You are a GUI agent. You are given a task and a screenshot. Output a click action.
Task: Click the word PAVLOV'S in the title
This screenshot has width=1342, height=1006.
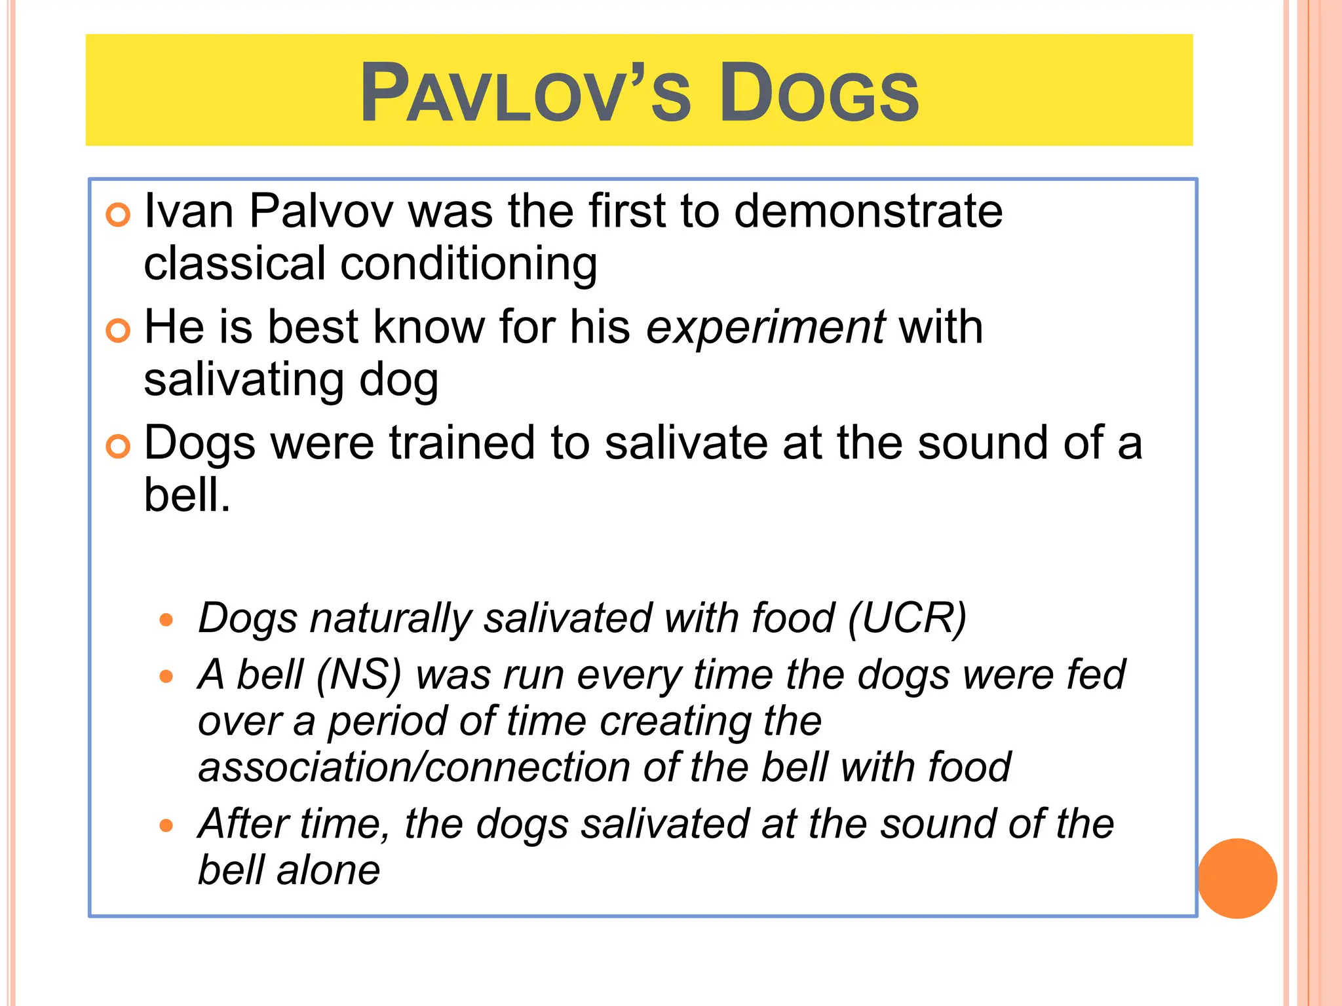(524, 93)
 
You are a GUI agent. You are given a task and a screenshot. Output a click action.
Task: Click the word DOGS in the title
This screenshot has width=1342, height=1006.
(819, 93)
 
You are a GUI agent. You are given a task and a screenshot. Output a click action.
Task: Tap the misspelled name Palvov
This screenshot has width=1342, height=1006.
(321, 211)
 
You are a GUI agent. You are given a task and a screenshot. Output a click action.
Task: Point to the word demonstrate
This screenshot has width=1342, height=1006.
(868, 211)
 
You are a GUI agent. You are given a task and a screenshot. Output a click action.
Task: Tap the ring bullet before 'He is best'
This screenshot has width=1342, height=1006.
(118, 331)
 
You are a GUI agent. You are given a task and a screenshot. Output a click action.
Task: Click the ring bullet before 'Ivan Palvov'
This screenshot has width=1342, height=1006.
(118, 215)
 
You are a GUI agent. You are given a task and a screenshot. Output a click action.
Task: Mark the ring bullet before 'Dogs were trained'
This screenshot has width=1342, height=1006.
(118, 447)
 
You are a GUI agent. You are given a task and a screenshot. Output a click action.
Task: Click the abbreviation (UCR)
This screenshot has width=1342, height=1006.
(907, 618)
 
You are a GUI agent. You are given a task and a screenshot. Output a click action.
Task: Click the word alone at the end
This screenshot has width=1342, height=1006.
(328, 871)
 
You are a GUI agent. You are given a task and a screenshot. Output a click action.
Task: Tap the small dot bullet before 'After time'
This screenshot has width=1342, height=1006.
(166, 825)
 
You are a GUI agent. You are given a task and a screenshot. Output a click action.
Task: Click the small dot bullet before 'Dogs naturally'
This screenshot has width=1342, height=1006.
(166, 620)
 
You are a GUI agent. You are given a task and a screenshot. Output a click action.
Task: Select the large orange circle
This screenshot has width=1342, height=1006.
(1237, 878)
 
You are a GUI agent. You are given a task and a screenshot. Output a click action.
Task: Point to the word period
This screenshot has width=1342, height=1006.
(387, 722)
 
